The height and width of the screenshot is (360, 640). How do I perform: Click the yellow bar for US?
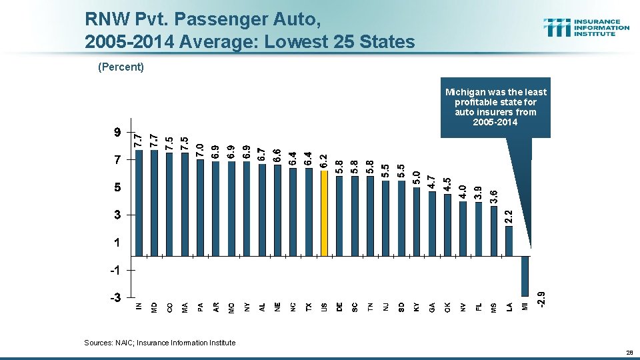324,213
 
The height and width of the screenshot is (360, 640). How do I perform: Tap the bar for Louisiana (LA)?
509,241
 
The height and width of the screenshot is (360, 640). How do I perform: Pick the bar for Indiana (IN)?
139,203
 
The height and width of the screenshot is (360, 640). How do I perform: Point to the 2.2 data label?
509,216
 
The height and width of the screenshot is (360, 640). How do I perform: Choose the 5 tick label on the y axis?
117,188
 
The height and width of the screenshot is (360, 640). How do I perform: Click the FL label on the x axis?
478,307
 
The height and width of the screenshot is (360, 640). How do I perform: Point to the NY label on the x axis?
247,307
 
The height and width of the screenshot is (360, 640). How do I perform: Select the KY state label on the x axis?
417,307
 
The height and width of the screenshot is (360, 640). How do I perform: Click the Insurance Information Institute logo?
587,27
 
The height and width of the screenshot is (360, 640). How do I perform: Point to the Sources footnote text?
160,343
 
